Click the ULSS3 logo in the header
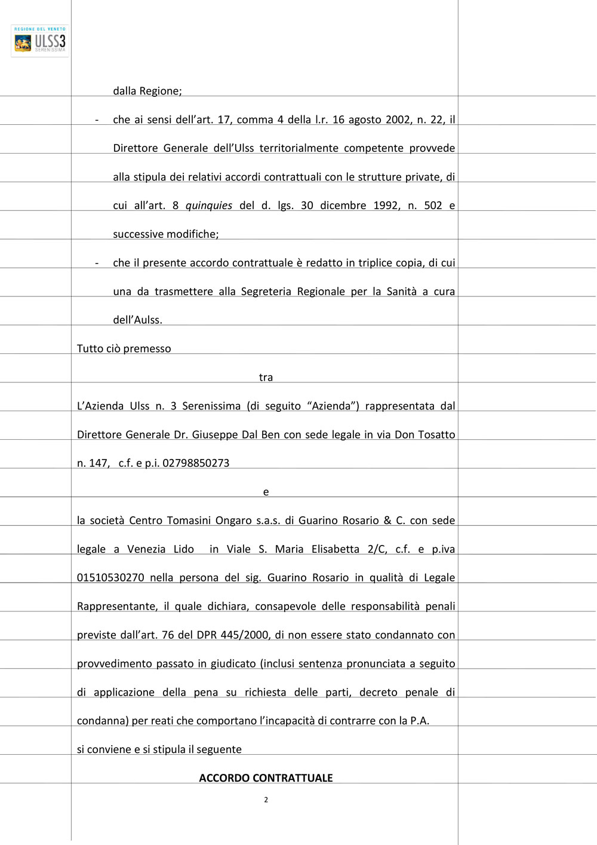click(40, 41)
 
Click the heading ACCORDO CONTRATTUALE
click(266, 777)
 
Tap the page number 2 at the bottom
click(266, 800)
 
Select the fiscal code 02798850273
click(196, 463)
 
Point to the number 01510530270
click(110, 578)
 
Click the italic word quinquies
click(209, 206)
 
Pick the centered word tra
click(266, 378)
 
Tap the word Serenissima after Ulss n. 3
click(211, 406)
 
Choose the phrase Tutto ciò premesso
click(124, 349)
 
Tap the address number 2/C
click(377, 549)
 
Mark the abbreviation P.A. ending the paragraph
click(420, 721)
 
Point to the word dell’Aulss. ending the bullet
click(137, 320)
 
